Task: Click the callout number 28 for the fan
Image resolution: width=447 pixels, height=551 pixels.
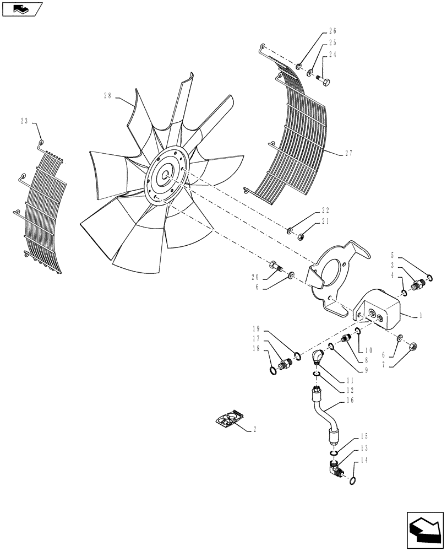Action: pos(107,96)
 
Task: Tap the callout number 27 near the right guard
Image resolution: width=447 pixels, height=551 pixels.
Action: pos(348,154)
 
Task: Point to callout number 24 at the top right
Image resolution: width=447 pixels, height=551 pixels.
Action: pos(333,55)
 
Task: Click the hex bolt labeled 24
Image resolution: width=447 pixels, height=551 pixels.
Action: pos(323,83)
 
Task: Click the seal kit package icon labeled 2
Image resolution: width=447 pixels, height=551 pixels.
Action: pos(229,419)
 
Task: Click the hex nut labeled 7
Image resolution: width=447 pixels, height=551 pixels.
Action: pos(414,347)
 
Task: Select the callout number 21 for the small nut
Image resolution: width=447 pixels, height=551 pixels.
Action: pos(325,222)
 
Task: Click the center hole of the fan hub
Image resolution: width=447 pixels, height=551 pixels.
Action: pos(165,175)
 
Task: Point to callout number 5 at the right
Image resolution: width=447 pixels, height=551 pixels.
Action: pos(393,256)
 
